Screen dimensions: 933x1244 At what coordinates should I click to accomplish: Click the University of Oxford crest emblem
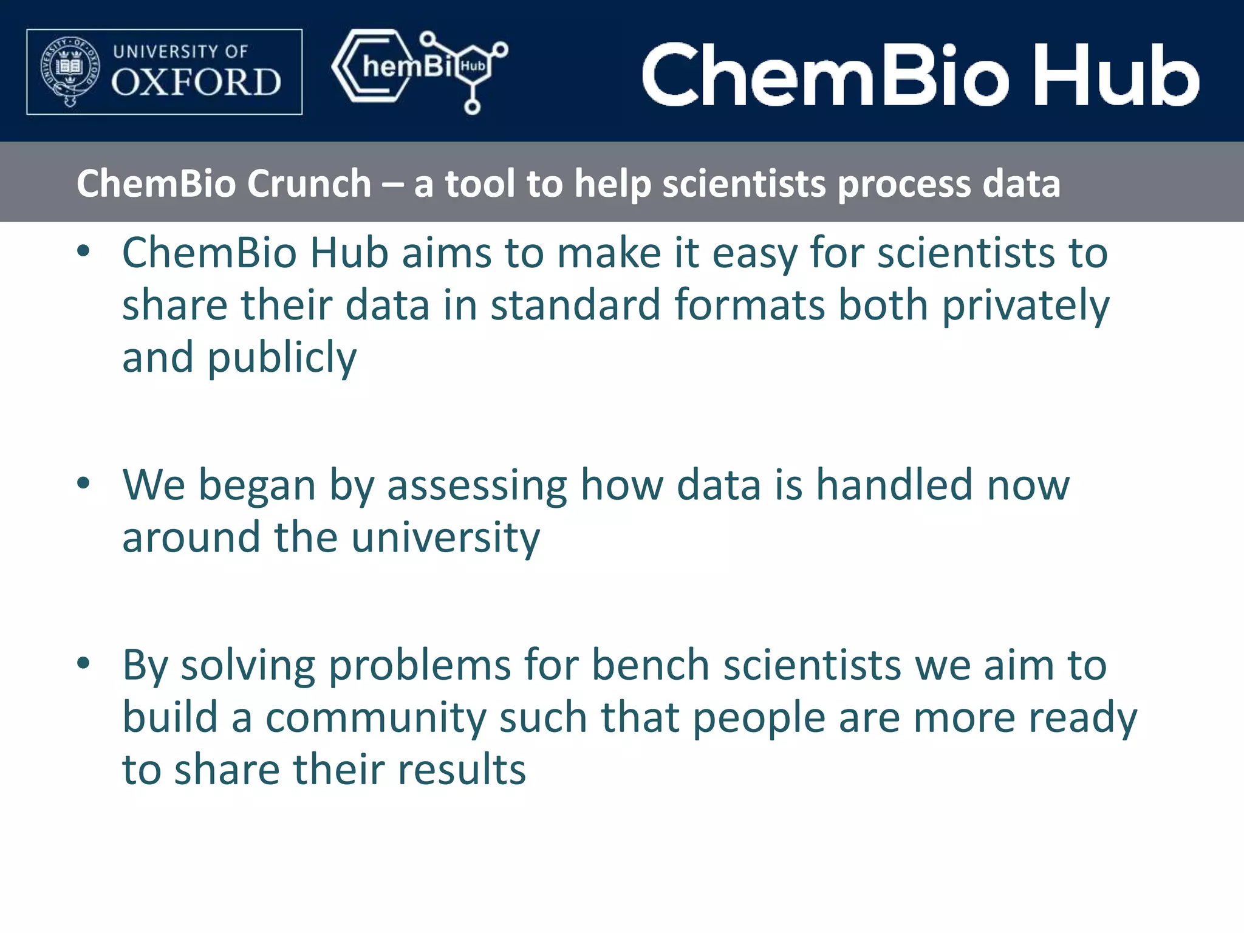(x=69, y=71)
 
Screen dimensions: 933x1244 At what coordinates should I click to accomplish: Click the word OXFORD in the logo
(x=196, y=83)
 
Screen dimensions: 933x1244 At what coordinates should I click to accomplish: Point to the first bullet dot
(x=84, y=251)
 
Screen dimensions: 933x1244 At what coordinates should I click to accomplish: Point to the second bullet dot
(x=84, y=484)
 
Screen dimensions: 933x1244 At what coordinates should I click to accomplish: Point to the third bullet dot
(x=84, y=663)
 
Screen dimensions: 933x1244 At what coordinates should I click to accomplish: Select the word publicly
(x=282, y=358)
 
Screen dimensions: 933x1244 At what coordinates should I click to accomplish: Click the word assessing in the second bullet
(x=477, y=486)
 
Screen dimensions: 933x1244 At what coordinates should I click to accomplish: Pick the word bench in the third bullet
(x=650, y=665)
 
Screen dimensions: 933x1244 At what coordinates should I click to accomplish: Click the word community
(x=376, y=718)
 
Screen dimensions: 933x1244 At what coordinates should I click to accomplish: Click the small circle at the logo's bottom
(x=472, y=107)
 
